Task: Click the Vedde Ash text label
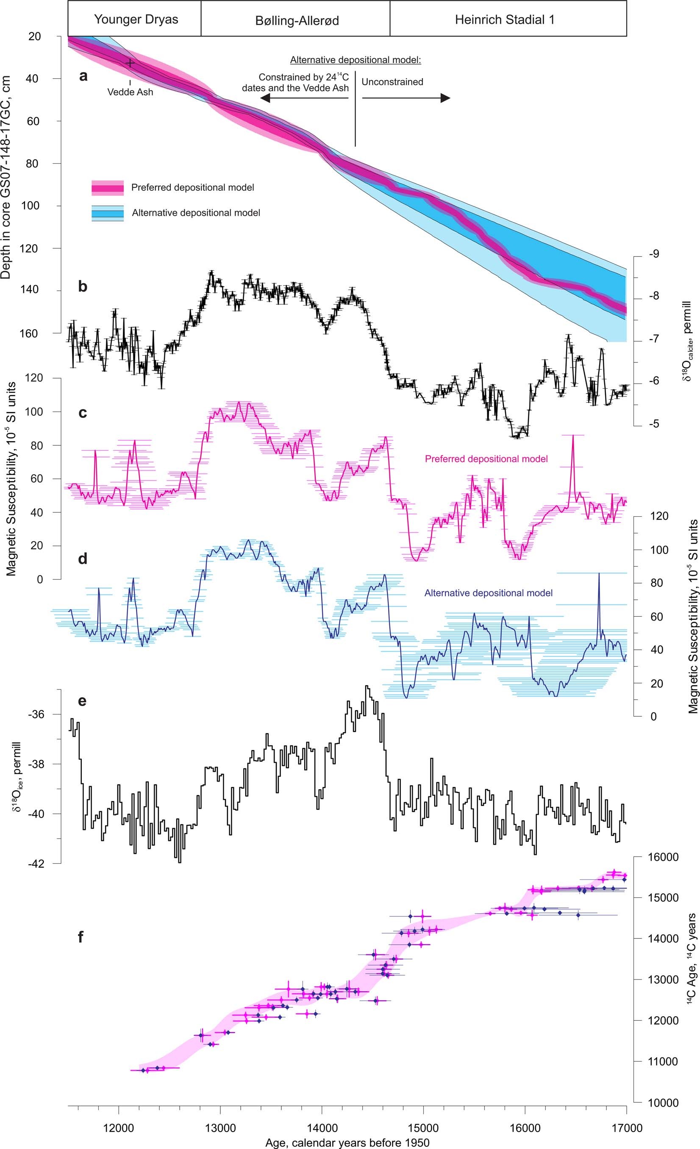pos(130,92)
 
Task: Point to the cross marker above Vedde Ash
pos(130,62)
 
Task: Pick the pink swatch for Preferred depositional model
pos(108,187)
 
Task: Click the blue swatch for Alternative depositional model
pos(108,213)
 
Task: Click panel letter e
pos(82,701)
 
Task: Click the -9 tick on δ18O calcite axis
pos(653,254)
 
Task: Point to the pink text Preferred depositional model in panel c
pos(486,459)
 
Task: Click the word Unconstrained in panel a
pos(392,82)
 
